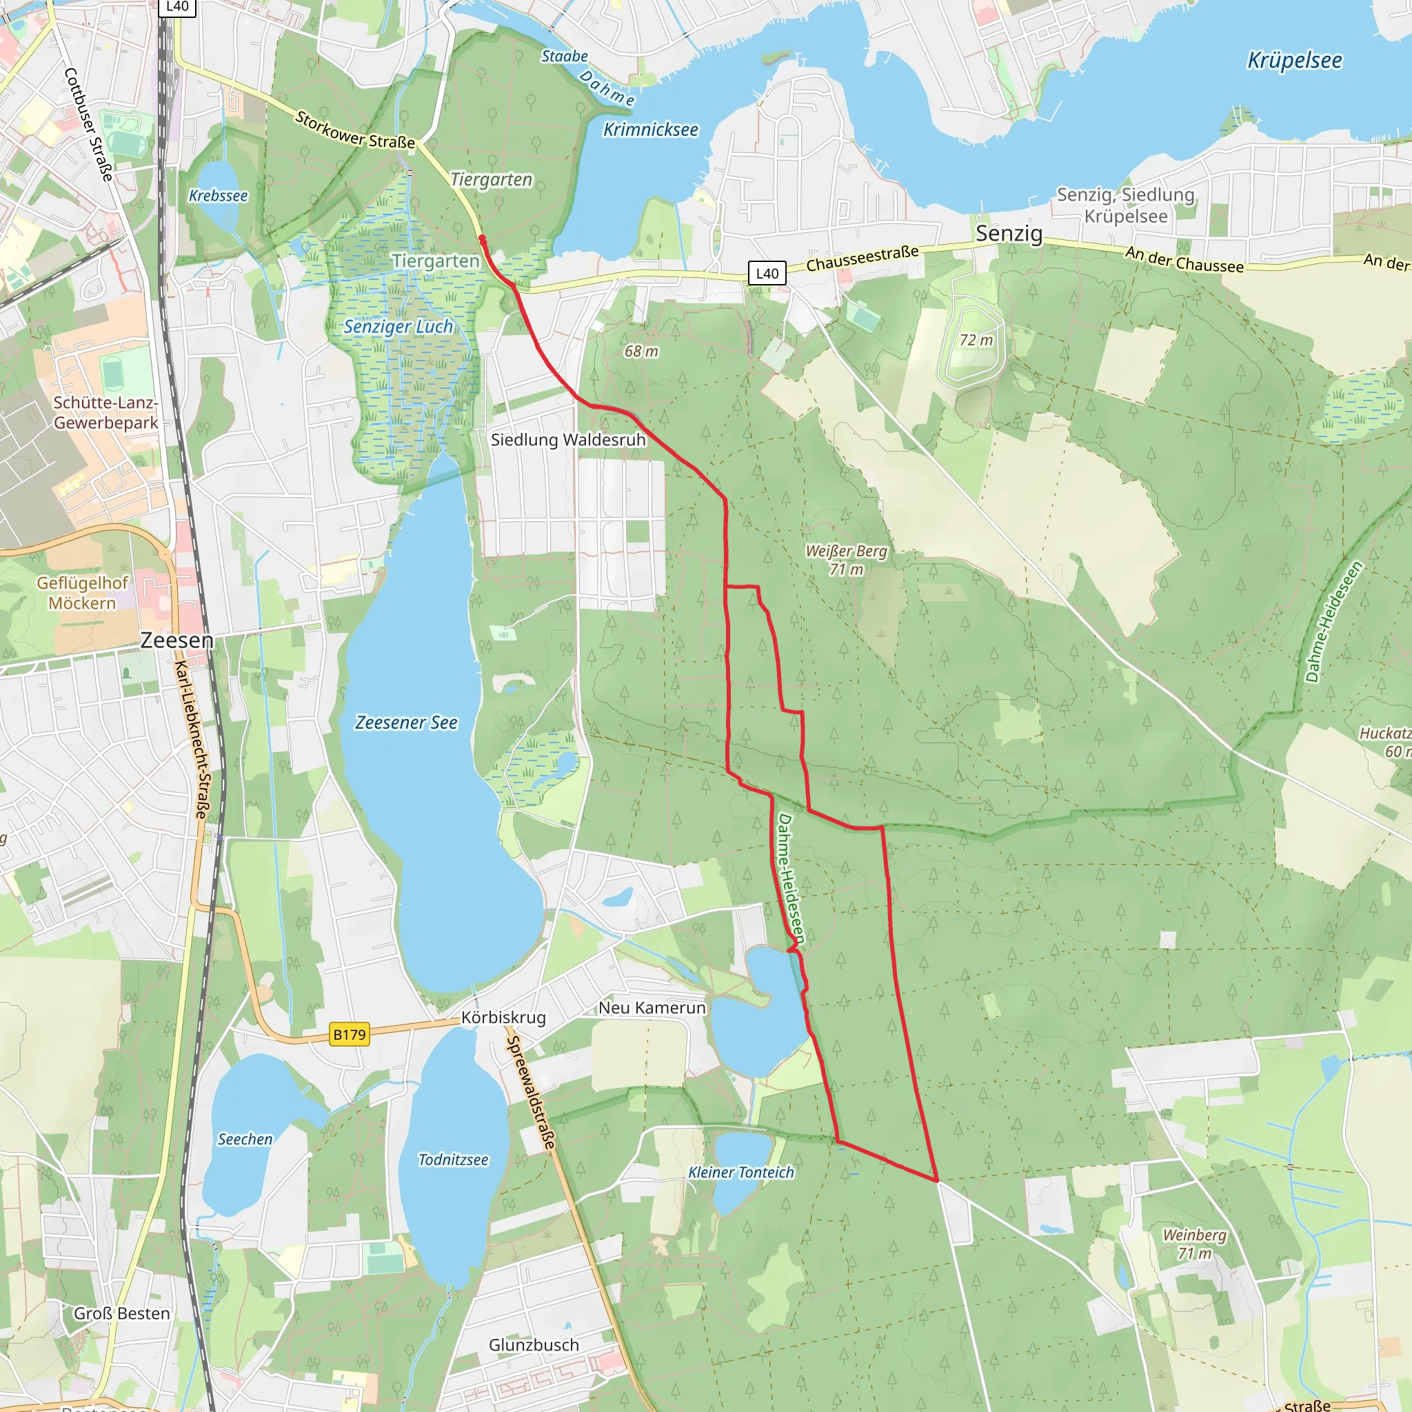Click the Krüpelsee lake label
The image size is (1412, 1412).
click(x=1294, y=61)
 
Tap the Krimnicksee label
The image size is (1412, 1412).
click(x=650, y=130)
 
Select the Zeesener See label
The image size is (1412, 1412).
click(x=406, y=723)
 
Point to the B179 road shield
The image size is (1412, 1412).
click(x=350, y=1034)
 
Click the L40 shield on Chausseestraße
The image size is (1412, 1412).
click(x=767, y=273)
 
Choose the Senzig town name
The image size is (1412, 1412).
click(x=1009, y=234)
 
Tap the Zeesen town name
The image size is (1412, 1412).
click(x=177, y=641)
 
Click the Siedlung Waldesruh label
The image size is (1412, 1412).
click(x=568, y=440)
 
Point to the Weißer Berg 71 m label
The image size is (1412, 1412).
click(x=847, y=560)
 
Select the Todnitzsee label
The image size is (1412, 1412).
click(x=453, y=1160)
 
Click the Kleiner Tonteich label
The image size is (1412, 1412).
click(x=741, y=1172)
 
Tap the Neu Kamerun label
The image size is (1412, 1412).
click(x=652, y=1008)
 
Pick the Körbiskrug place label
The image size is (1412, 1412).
click(x=503, y=1018)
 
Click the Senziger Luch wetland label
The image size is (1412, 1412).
click(x=399, y=327)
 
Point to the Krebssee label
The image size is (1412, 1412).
click(x=218, y=196)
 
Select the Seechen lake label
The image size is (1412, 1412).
click(x=245, y=1140)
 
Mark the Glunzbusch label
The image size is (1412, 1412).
click(x=534, y=1344)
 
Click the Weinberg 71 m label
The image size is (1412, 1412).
click(x=1194, y=1244)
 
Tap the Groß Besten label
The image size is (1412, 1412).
click(x=122, y=1313)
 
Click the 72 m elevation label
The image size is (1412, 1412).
click(x=976, y=340)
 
